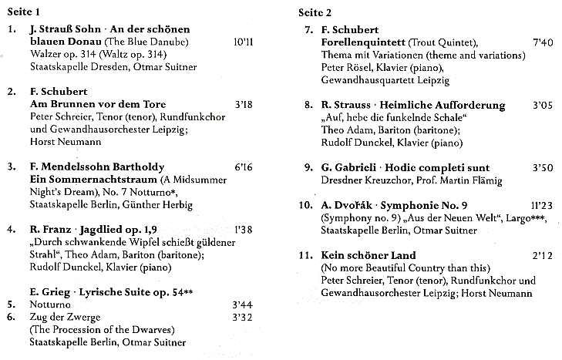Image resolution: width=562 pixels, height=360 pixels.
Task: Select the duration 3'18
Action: [242, 103]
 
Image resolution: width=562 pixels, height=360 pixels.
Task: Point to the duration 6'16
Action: [242, 167]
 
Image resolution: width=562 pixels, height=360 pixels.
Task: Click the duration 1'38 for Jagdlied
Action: [242, 229]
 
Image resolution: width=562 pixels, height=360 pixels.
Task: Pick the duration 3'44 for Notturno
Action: [242, 305]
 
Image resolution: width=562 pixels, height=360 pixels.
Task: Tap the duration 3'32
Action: [242, 318]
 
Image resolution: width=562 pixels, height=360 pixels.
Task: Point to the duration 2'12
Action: [542, 255]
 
